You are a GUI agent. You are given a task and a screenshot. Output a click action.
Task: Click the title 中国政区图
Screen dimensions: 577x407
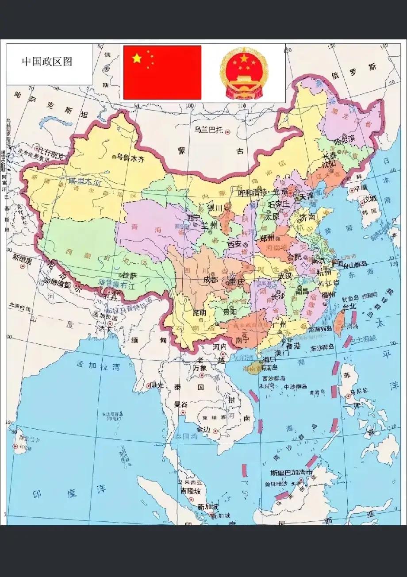point(47,62)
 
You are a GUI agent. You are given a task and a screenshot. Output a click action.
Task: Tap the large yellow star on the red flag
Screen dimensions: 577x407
point(137,58)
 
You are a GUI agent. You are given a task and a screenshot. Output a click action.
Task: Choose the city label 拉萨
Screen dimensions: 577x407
point(130,275)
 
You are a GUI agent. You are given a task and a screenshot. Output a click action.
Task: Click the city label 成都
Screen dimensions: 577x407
point(211,280)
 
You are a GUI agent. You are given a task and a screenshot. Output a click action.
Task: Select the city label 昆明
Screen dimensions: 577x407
point(200,312)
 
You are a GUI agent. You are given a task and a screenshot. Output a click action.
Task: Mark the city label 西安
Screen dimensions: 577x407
point(234,244)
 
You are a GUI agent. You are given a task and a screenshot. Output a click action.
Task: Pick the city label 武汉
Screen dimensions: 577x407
point(285,275)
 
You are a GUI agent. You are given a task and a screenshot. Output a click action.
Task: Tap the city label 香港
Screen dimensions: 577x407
point(293,346)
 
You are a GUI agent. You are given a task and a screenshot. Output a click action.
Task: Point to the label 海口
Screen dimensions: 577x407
point(269,359)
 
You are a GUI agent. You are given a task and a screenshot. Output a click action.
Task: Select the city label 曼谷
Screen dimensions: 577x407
point(181,404)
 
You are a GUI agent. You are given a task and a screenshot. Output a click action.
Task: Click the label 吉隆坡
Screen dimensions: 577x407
point(190,491)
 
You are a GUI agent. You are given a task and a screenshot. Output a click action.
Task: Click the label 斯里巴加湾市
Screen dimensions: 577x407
point(292,473)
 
